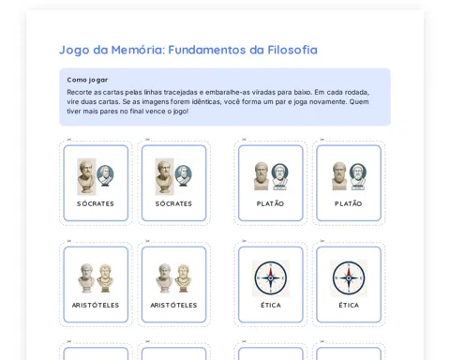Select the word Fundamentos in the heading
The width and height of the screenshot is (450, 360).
coord(207,50)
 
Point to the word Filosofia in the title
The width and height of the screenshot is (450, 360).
coord(292,50)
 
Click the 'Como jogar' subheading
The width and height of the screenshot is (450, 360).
coord(87,80)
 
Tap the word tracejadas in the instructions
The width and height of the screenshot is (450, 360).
coord(180,92)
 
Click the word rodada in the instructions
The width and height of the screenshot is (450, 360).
coord(357,93)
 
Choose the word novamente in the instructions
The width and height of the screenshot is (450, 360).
coord(330,102)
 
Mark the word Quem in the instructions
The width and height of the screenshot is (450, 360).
coord(359,102)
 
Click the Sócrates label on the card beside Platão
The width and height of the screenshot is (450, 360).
coord(173,203)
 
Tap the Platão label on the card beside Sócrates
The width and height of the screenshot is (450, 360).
coord(270,203)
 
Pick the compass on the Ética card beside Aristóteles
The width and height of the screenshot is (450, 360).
coord(271,278)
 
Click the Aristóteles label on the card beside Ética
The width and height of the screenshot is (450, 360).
coord(173,305)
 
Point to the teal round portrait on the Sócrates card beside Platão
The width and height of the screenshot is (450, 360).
coord(183,175)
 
